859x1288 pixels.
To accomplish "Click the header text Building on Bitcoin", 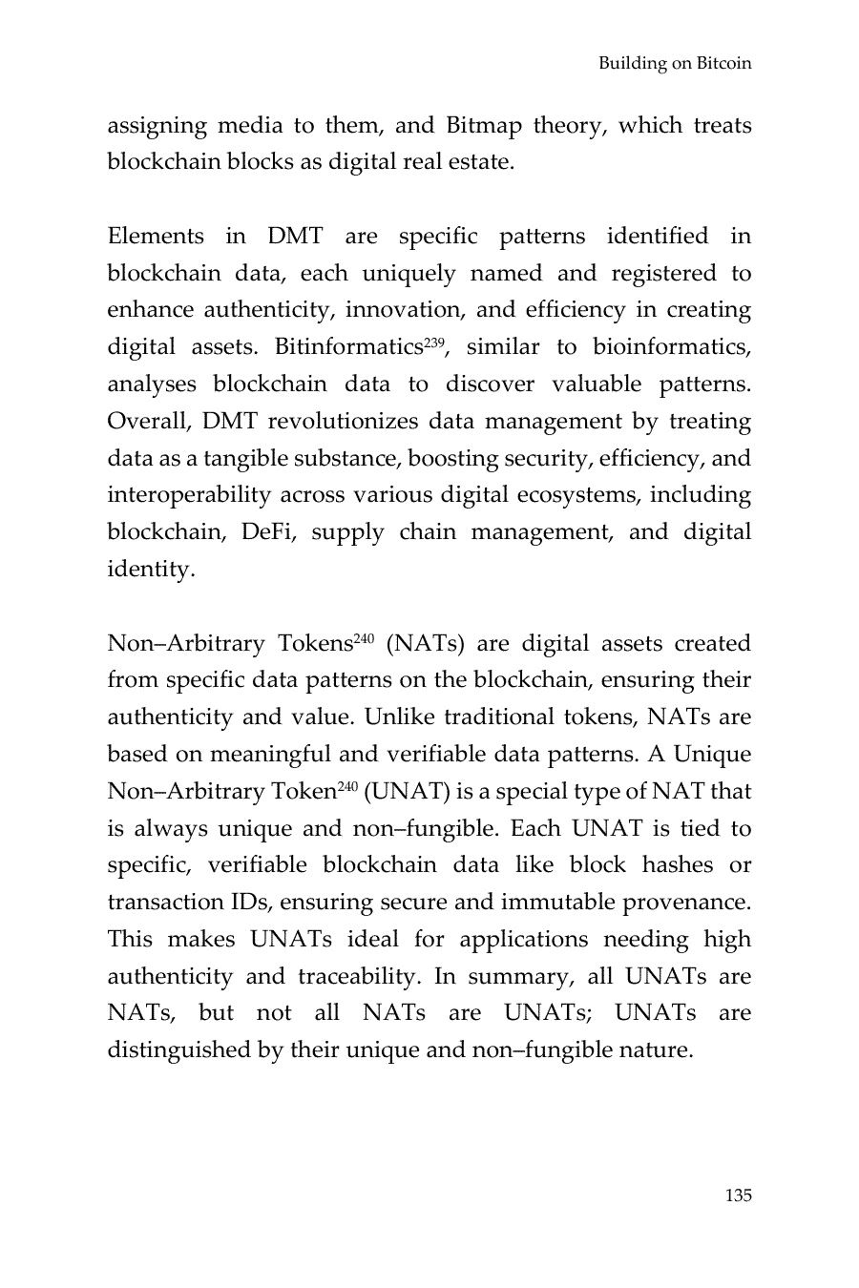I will pyautogui.click(x=675, y=64).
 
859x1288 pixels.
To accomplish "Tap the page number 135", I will pyautogui.click(x=738, y=1195).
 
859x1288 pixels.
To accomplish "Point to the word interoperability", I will pyautogui.click(x=188, y=496).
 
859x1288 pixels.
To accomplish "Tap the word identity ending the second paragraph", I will pyautogui.click(x=149, y=570).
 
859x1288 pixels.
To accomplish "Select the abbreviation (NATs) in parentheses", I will pyautogui.click(x=426, y=644).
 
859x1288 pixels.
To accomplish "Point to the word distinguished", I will pyautogui.click(x=178, y=1051).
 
